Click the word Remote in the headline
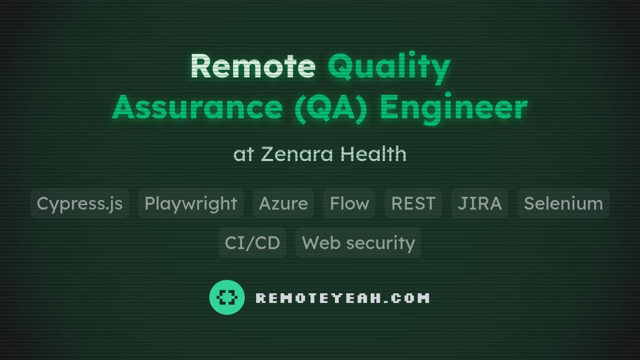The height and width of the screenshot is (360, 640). (x=252, y=66)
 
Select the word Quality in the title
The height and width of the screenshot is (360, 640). (x=389, y=67)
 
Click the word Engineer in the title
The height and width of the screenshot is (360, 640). (x=453, y=108)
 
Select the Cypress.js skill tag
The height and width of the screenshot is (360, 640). (x=79, y=203)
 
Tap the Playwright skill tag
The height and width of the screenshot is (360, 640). (x=190, y=203)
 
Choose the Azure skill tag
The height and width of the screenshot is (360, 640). (x=283, y=203)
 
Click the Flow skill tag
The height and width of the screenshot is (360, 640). (x=349, y=203)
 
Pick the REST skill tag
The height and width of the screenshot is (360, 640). (x=413, y=203)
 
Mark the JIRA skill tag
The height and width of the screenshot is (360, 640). (x=479, y=203)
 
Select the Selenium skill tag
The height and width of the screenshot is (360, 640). (x=563, y=203)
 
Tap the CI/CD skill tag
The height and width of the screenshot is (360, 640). (x=252, y=243)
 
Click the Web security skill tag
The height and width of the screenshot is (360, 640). (x=358, y=243)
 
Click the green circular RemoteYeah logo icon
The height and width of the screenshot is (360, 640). (x=227, y=297)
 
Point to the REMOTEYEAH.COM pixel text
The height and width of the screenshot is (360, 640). (x=342, y=298)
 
